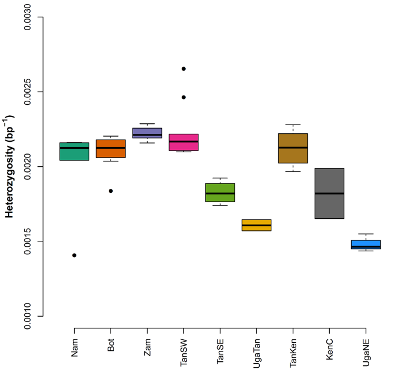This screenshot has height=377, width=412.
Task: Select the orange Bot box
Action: pyautogui.click(x=111, y=149)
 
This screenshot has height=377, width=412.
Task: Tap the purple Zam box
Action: pyautogui.click(x=147, y=133)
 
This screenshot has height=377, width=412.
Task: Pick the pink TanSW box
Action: pyautogui.click(x=183, y=142)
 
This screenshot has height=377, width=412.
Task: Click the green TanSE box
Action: pyautogui.click(x=220, y=192)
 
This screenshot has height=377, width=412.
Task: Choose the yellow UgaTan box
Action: pyautogui.click(x=256, y=225)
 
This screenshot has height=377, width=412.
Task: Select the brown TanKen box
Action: pyautogui.click(x=293, y=148)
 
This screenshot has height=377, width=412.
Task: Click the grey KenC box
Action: pyautogui.click(x=329, y=193)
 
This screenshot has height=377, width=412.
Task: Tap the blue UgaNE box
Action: pyautogui.click(x=366, y=244)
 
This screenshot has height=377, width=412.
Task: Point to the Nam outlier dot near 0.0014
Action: pyautogui.click(x=74, y=255)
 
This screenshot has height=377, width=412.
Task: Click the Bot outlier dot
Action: pyautogui.click(x=111, y=191)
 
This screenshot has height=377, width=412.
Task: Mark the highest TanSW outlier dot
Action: pyautogui.click(x=183, y=69)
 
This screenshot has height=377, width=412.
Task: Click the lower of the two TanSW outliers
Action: pyautogui.click(x=183, y=97)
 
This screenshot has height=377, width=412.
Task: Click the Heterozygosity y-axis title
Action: pyautogui.click(x=10, y=167)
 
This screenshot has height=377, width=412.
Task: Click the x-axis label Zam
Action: pyautogui.click(x=147, y=346)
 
